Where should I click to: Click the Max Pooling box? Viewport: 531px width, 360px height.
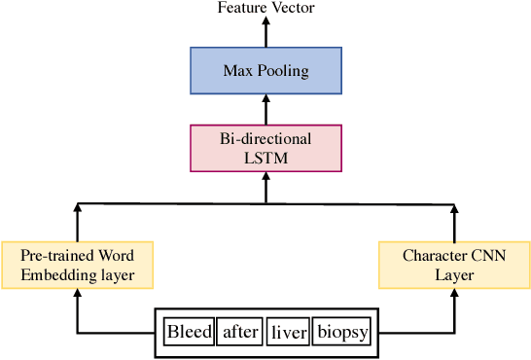265,70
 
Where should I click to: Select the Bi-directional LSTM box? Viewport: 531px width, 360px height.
265,148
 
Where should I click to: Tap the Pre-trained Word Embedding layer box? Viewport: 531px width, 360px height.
77,265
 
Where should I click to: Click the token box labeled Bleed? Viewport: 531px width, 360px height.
189,333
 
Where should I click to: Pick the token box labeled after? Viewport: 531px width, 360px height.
240,333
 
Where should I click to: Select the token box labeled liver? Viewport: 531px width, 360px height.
289,333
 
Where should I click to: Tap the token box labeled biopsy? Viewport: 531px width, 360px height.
342,333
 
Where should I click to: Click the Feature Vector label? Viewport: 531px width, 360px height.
265,8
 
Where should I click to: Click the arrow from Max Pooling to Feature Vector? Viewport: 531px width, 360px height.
265,32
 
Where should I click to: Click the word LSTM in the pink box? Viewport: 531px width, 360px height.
265,157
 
